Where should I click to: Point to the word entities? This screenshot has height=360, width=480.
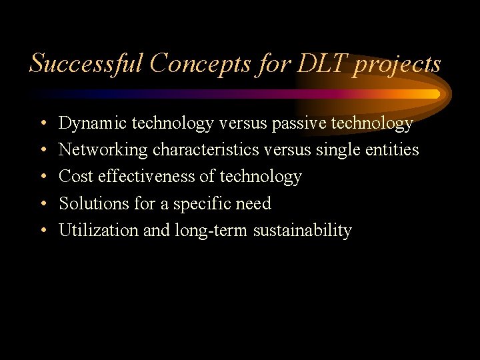393,150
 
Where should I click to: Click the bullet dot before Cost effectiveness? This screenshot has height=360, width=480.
42,177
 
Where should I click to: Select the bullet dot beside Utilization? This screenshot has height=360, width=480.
42,231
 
